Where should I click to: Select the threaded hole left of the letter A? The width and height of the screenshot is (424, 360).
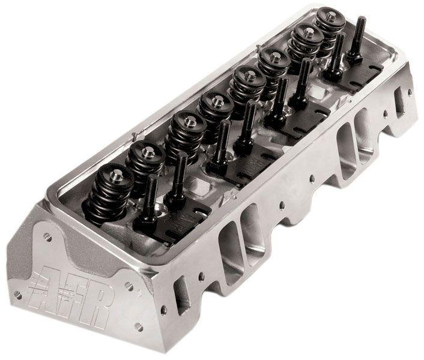click(x=19, y=294)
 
